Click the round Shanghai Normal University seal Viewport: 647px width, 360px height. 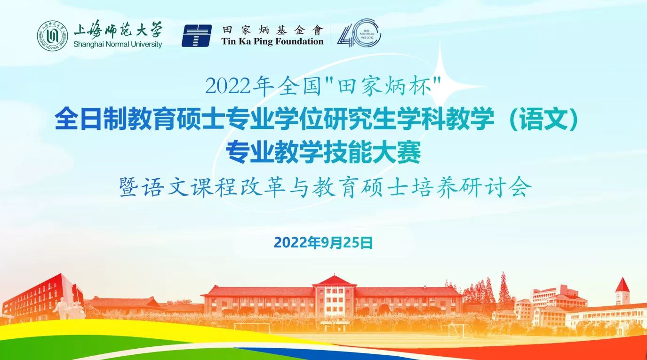(52, 36)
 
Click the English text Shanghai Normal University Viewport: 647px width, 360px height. (118, 44)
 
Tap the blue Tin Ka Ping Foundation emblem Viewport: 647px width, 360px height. (196, 36)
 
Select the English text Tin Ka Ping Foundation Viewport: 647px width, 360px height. (272, 41)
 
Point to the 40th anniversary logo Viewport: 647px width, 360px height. (359, 32)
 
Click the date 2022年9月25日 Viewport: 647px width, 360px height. (323, 243)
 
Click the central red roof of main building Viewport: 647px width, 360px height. (334, 280)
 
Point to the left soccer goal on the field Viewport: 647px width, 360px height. (252, 328)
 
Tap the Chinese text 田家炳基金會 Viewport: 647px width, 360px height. (273, 30)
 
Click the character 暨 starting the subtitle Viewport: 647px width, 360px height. (128, 187)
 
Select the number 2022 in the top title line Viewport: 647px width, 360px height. (228, 87)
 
